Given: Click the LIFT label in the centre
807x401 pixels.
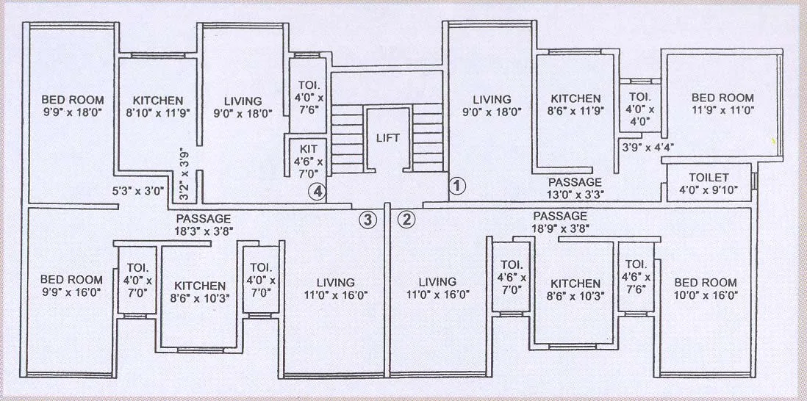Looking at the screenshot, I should (x=387, y=137).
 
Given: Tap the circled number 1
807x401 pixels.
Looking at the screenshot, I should (x=458, y=186).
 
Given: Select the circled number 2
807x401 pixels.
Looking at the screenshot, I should (x=406, y=218).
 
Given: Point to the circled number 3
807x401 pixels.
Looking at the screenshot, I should (x=368, y=218).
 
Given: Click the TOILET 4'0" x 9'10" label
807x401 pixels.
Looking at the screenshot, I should (x=709, y=184).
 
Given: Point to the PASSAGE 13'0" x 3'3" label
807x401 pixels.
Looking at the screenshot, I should (x=575, y=189).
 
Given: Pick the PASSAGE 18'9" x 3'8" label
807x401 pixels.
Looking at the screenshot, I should (x=560, y=222).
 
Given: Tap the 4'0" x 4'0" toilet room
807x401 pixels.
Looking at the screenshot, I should (x=636, y=109).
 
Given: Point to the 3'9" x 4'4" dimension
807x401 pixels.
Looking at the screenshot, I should (x=648, y=146).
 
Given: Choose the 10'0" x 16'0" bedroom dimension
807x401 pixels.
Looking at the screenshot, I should (x=705, y=295).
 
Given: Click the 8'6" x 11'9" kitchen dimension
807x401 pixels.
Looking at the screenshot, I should (x=575, y=112).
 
